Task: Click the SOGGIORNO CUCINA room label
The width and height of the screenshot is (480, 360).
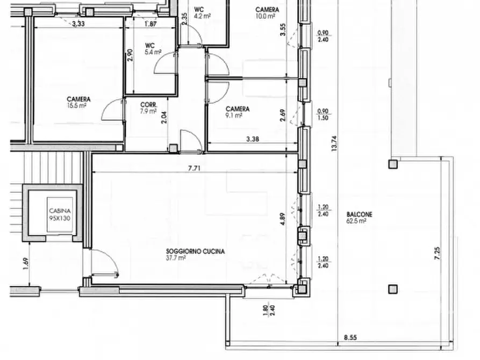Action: pos(195,254)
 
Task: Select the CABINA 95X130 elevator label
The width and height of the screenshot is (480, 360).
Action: pos(60,214)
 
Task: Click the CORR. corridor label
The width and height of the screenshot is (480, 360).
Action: pos(149,108)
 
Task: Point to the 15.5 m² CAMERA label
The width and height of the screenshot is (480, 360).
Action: pos(78,102)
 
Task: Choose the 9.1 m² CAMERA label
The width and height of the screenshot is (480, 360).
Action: pos(238,112)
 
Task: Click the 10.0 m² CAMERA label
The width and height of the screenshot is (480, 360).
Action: pos(267,13)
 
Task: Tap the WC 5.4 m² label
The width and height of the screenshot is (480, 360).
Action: pos(153,49)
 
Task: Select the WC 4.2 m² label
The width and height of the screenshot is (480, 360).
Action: pos(202,13)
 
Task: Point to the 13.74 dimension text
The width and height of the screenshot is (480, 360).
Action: pos(334,143)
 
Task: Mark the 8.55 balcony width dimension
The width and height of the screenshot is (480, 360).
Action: pos(350,337)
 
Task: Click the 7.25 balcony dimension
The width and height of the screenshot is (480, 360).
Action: pos(438,254)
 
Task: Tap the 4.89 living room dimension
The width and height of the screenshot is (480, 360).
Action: pos(283,219)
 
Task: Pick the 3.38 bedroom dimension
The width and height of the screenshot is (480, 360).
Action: pos(253,139)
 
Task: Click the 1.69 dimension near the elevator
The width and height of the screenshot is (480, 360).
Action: pos(26,264)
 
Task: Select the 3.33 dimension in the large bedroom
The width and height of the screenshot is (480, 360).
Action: pos(78,24)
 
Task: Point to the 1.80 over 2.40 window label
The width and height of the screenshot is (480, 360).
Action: pos(269,311)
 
